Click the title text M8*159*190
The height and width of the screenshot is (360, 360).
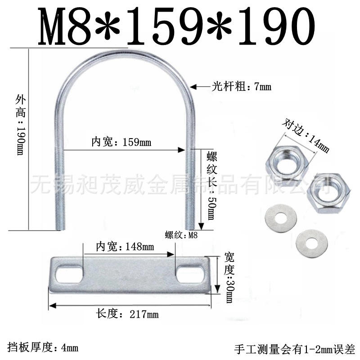click(x=176, y=26)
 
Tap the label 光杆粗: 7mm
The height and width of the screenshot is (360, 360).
click(x=241, y=87)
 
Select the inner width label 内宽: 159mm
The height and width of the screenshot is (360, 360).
click(x=121, y=142)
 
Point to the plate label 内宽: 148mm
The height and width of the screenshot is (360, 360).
click(x=125, y=247)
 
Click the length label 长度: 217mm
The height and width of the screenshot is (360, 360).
click(x=127, y=314)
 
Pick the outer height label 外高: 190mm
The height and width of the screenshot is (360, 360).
click(x=21, y=125)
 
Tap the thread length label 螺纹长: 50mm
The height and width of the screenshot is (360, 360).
click(x=211, y=185)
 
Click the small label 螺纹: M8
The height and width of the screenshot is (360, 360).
click(x=181, y=235)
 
